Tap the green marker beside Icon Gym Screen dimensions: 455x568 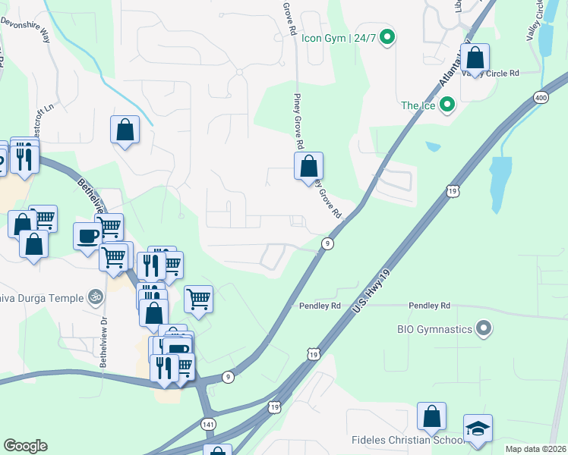(387, 36)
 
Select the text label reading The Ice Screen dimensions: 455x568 (418, 105)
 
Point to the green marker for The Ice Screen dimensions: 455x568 (447, 105)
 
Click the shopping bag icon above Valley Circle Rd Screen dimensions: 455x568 (475, 58)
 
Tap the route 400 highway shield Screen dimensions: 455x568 (541, 97)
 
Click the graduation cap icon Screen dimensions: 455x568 (478, 428)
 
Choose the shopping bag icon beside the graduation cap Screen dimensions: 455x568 (431, 417)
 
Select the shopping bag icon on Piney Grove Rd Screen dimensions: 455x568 (309, 166)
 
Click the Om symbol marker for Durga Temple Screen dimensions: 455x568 (95, 297)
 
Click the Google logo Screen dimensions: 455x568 (25, 446)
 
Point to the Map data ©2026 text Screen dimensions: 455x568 (535, 449)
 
